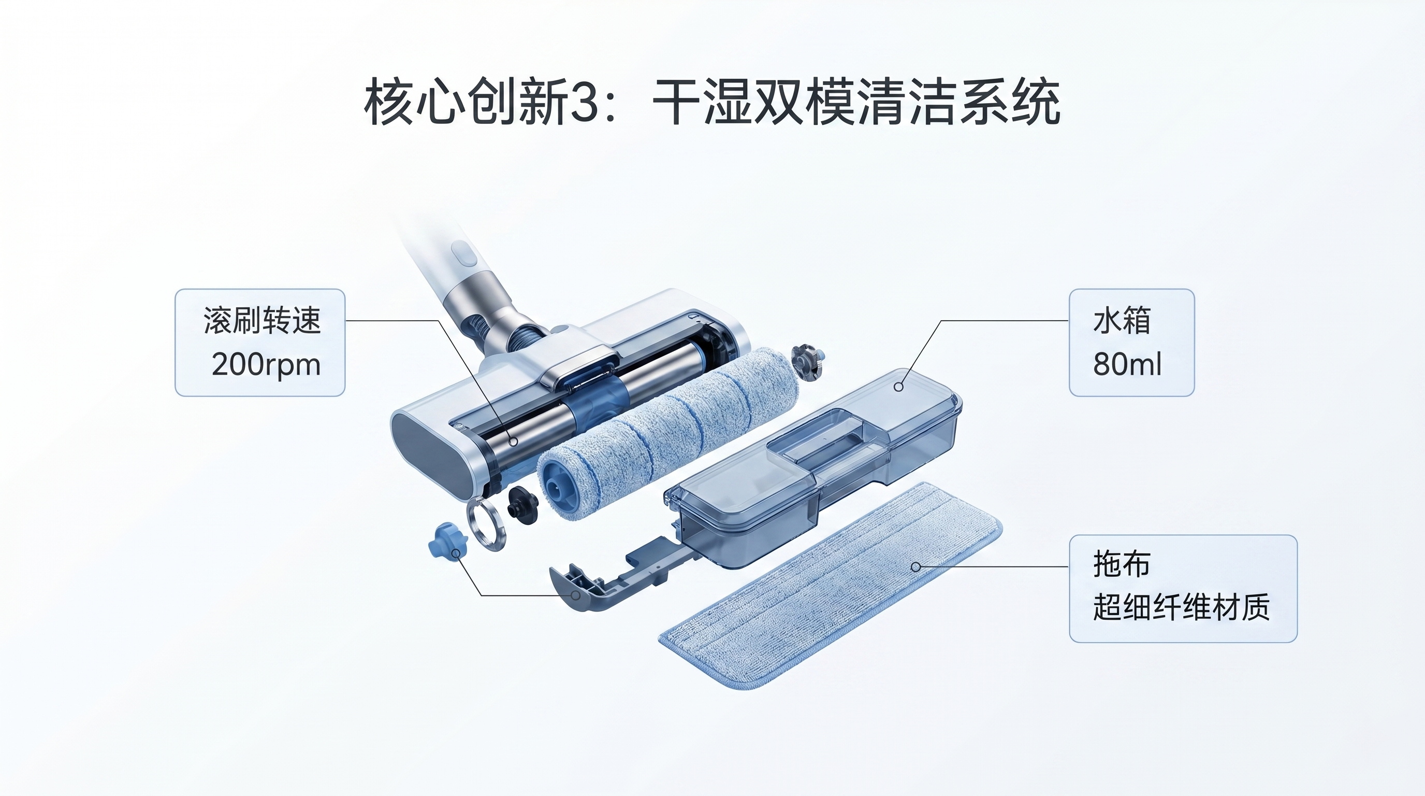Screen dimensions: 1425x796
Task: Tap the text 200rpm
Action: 266,365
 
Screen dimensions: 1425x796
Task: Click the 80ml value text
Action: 1127,364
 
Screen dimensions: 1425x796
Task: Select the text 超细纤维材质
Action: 1181,608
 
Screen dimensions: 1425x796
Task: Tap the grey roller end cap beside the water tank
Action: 807,363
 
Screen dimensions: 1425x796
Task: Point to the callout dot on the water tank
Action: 898,387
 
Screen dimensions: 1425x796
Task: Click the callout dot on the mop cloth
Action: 915,567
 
